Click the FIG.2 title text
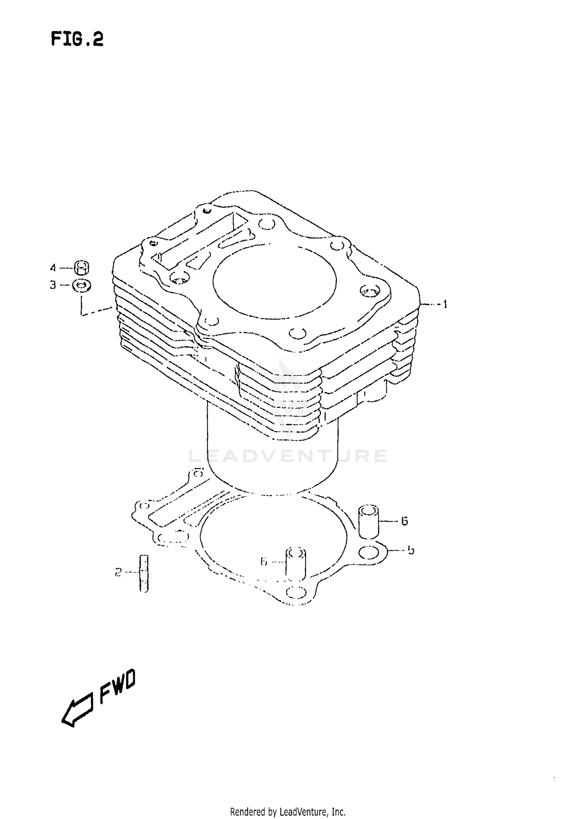coord(77,40)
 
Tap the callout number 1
coord(445,305)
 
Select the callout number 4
coord(53,267)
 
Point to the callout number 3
coord(53,285)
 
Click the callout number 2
coord(118,573)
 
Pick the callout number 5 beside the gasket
coord(411,550)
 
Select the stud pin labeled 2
coord(144,573)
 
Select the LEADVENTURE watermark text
coord(288,456)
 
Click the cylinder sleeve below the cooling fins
coord(273,461)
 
